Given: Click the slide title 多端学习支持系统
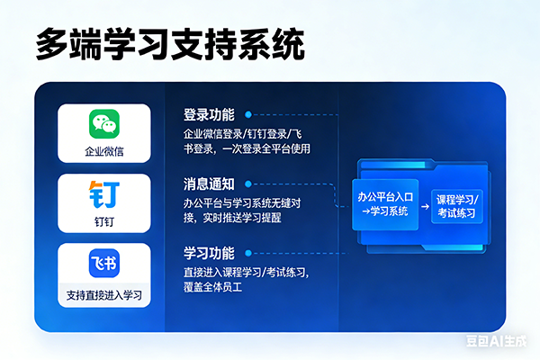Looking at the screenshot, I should pos(169,43).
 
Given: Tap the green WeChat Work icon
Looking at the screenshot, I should pos(104,124).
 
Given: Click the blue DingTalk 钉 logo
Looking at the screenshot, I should pos(104,193).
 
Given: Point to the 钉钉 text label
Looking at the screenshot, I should pos(104,220).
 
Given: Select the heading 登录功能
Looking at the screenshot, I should pos(209,115).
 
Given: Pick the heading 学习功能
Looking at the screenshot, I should pos(209,252).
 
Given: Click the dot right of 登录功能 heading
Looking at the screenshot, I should pos(247,115).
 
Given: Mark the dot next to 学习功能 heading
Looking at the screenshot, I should pos(247,252).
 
